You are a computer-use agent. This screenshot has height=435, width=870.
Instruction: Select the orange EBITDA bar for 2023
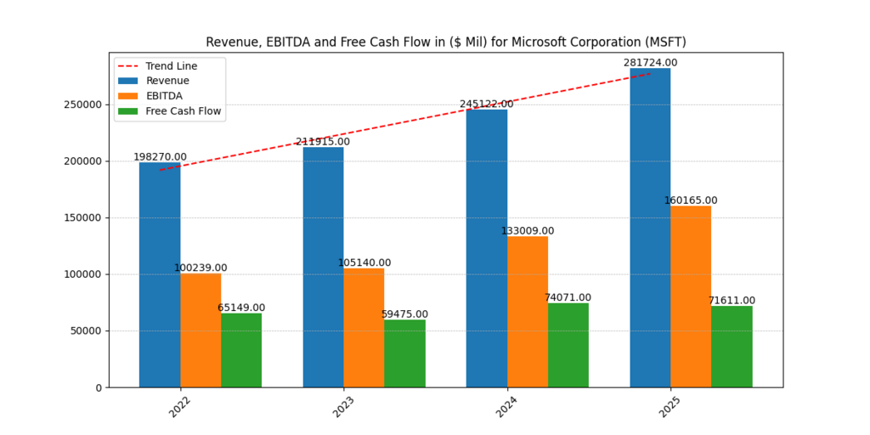(x=364, y=327)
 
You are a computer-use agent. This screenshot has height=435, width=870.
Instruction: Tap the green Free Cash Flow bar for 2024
(x=568, y=345)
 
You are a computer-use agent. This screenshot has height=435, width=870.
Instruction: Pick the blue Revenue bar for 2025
(x=650, y=229)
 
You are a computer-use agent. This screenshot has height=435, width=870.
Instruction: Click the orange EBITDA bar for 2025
(x=691, y=297)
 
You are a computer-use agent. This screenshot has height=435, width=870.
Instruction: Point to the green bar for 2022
(x=241, y=350)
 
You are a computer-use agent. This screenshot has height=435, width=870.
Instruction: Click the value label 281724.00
(x=650, y=63)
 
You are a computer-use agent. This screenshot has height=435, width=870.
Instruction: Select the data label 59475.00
(x=404, y=314)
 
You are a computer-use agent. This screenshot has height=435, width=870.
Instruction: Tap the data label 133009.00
(x=527, y=231)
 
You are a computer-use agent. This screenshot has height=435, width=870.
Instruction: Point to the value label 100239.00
(x=201, y=268)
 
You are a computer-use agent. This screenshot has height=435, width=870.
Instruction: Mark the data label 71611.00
(x=732, y=301)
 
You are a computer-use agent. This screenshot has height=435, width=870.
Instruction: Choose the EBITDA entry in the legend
(x=164, y=96)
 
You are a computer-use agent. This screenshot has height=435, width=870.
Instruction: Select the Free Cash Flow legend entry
(x=184, y=111)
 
